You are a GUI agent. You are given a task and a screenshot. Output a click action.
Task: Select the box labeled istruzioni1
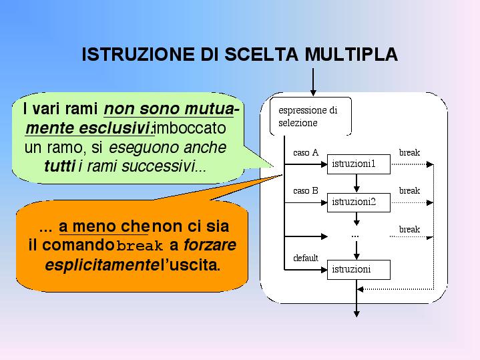358,164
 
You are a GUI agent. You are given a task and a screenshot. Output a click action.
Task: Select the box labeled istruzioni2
358,202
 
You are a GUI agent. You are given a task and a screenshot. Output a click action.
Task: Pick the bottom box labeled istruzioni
358,269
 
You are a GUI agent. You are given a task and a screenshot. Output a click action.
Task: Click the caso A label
306,153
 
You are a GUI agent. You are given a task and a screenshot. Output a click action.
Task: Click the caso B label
306,191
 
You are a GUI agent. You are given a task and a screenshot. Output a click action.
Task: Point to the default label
306,258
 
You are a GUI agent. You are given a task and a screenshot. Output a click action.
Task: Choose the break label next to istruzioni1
409,153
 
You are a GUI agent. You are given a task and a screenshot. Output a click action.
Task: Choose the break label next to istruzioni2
409,191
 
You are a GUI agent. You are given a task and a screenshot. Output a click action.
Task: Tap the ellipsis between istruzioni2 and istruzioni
355,235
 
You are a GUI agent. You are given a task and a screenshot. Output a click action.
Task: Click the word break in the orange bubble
140,246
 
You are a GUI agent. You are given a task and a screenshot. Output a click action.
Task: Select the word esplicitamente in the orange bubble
103,265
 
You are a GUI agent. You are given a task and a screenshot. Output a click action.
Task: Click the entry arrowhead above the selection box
312,92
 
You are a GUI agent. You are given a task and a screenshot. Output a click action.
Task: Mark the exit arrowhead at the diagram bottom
357,312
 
